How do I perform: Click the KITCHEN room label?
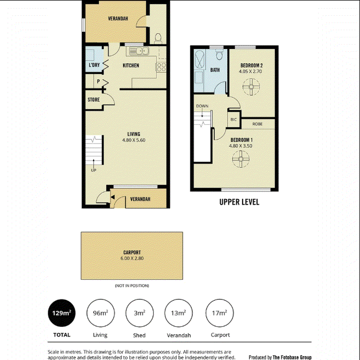(131, 65)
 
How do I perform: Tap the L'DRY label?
(94, 65)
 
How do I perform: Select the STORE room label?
(94, 99)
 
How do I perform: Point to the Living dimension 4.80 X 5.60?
(134, 140)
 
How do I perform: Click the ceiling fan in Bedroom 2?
(251, 87)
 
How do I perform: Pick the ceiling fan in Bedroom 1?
(241, 159)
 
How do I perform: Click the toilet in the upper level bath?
(220, 54)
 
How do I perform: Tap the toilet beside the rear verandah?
(158, 38)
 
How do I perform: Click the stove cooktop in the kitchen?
(161, 67)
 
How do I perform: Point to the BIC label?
(234, 120)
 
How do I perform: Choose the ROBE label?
(257, 124)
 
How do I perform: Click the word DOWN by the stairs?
(202, 106)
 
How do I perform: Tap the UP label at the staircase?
(94, 171)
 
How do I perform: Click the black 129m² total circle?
(62, 313)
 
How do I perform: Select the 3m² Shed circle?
(139, 313)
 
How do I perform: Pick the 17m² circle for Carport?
(220, 313)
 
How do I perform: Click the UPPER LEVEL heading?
(239, 202)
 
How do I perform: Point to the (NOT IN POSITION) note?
(132, 286)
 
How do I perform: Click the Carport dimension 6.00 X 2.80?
(132, 258)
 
